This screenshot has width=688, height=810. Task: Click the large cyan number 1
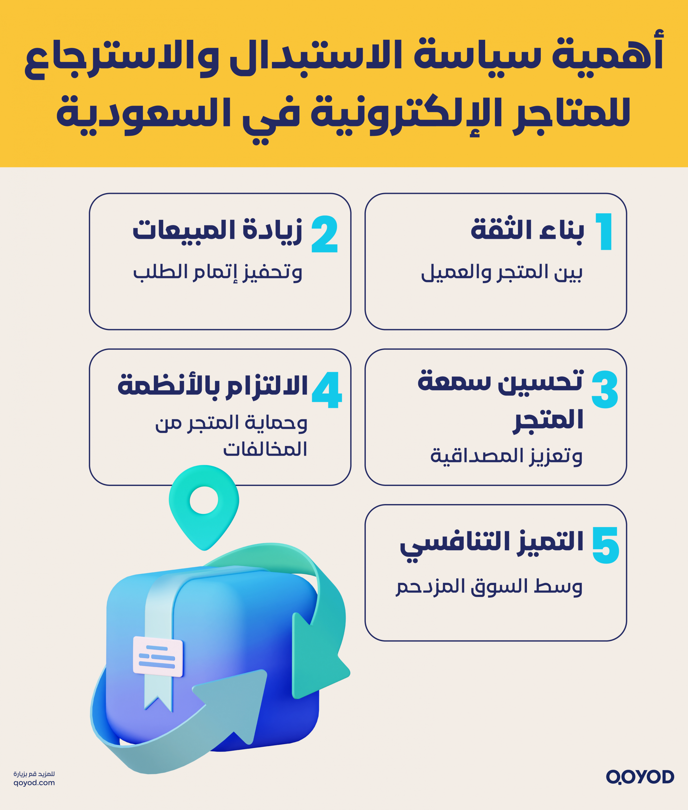click(x=604, y=232)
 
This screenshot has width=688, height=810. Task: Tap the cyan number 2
click(x=324, y=234)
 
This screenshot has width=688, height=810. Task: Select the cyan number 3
click(x=604, y=389)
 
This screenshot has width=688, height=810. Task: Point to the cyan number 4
click(x=327, y=389)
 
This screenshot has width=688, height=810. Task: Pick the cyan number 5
click(x=605, y=545)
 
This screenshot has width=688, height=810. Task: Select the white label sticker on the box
click(x=158, y=656)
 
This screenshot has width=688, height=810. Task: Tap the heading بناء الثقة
click(x=527, y=230)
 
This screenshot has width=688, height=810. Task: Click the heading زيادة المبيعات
click(x=218, y=230)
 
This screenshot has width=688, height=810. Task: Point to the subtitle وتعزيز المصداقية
click(x=506, y=456)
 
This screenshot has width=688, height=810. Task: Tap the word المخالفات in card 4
click(x=265, y=449)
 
